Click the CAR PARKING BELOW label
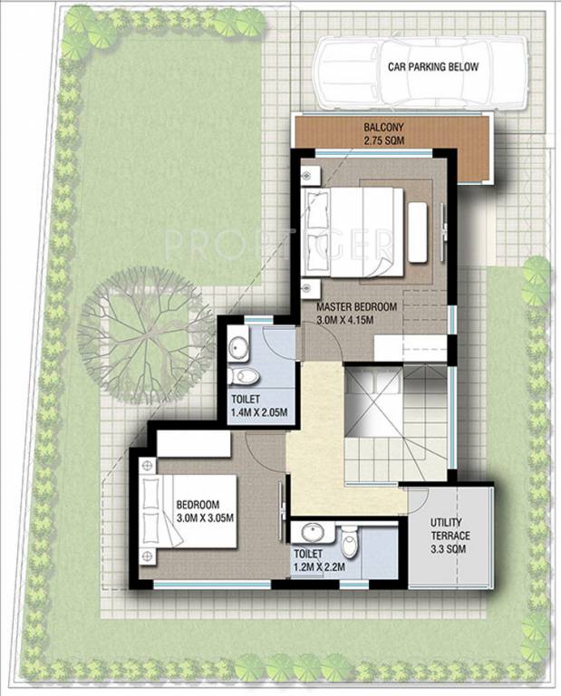click(x=432, y=67)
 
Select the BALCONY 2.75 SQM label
click(x=384, y=134)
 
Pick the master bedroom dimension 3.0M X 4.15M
click(x=356, y=320)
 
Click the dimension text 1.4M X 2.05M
click(x=258, y=413)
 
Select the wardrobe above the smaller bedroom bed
click(x=193, y=444)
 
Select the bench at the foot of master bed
click(x=417, y=232)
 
